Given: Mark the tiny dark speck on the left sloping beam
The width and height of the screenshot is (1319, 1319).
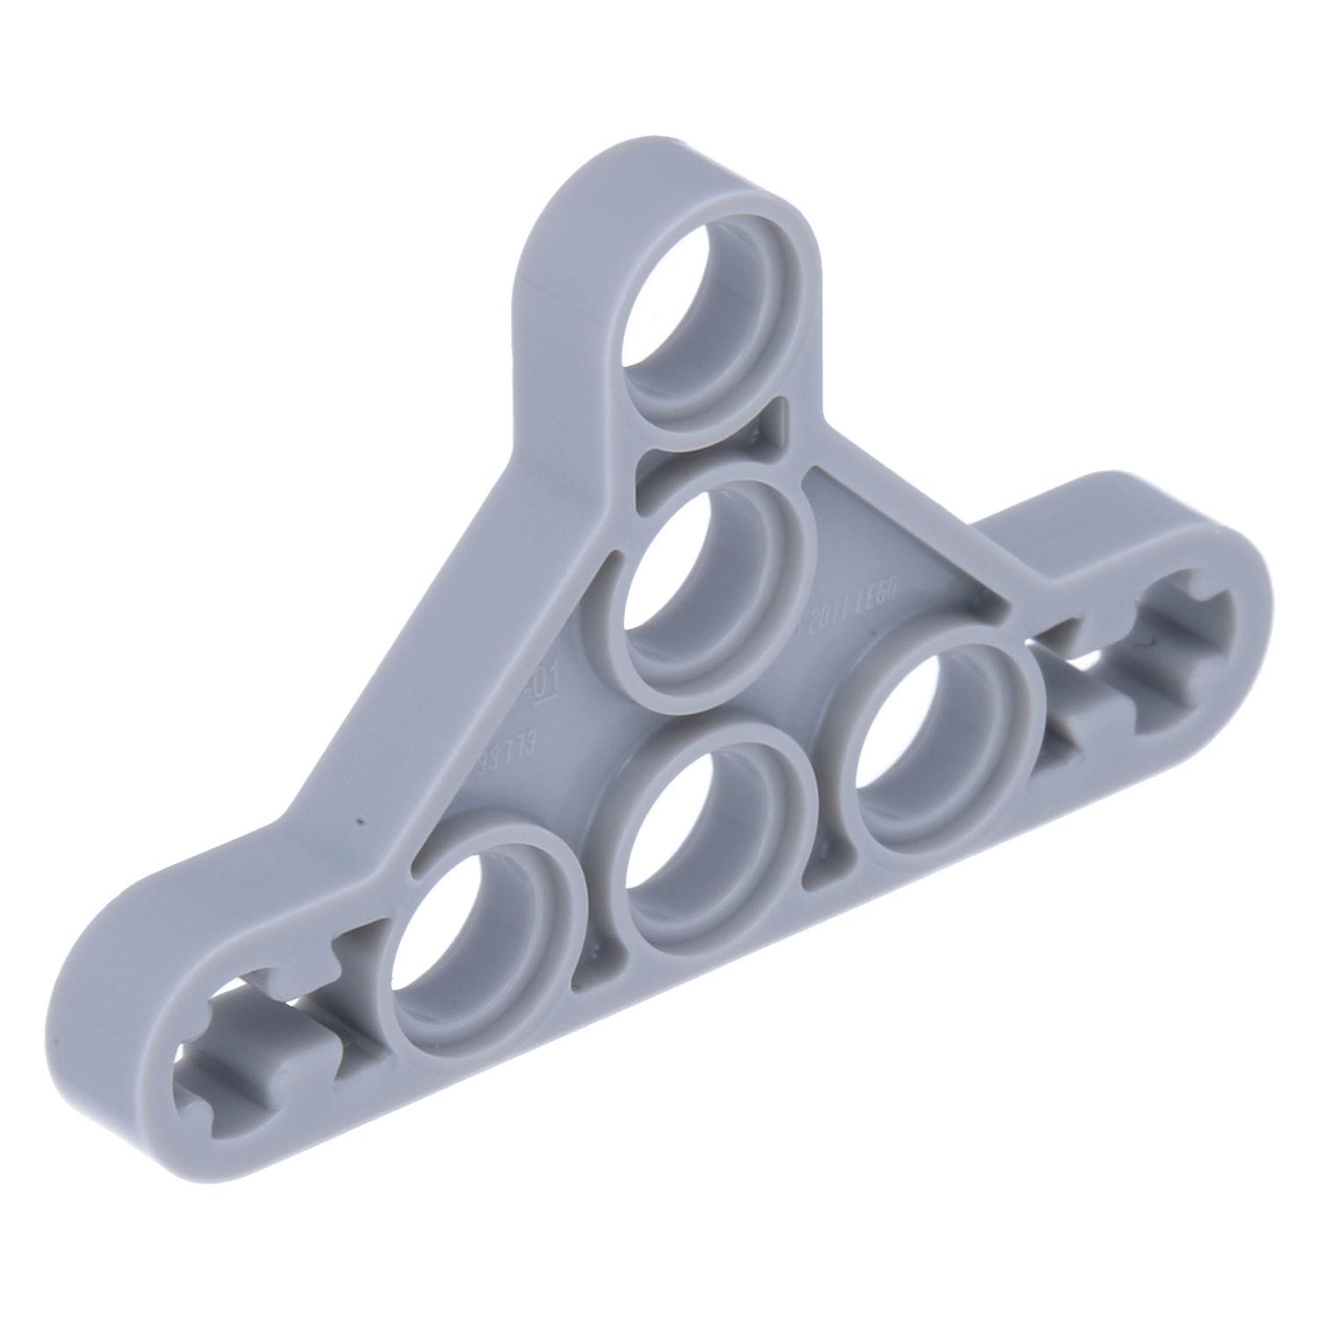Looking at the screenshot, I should pyautogui.click(x=359, y=822).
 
